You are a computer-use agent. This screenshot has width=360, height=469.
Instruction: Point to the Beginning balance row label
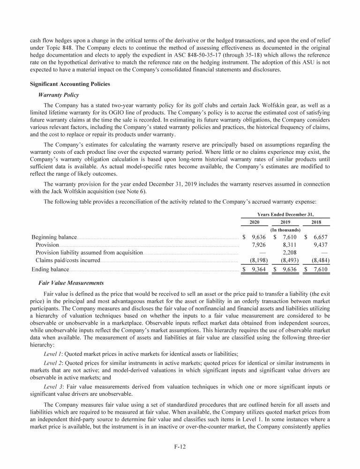click(x=54, y=237)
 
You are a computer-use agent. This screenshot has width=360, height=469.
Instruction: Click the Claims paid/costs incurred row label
click(x=68, y=260)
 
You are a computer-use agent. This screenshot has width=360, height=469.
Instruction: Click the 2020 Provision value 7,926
click(x=260, y=245)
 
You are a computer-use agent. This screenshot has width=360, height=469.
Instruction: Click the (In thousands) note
click(x=286, y=230)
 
